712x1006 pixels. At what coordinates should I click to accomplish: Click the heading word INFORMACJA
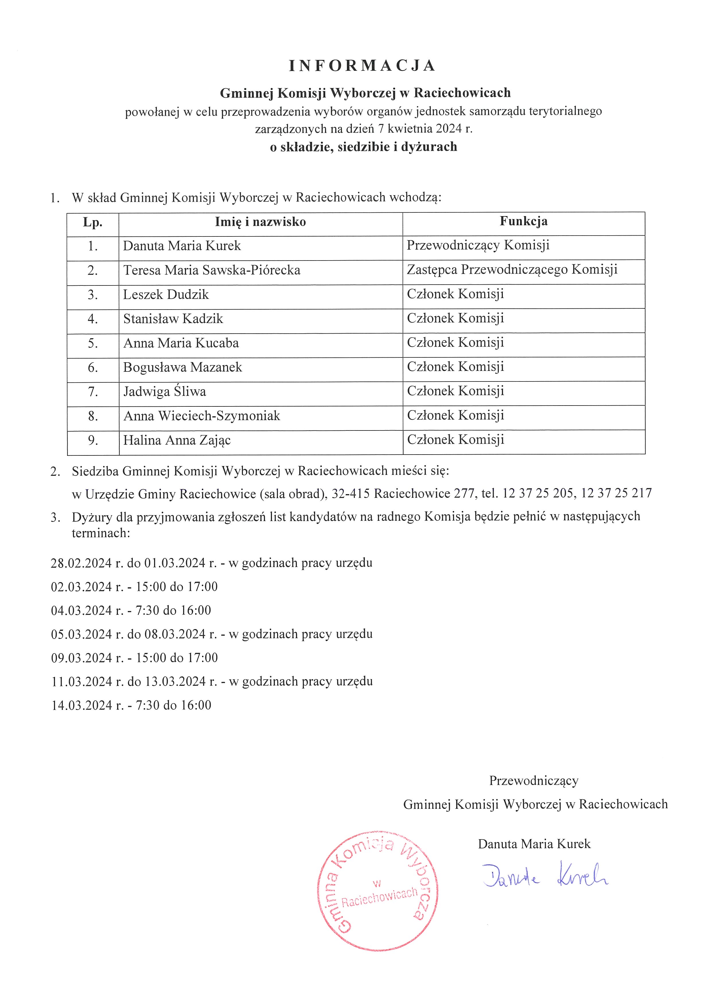362,66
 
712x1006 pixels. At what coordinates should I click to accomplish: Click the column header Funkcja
524,221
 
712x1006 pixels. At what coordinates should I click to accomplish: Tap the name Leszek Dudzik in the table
166,294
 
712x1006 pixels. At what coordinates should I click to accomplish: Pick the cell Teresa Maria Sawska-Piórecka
212,270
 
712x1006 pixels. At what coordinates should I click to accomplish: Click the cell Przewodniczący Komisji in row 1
478,245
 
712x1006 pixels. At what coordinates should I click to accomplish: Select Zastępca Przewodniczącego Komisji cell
512,269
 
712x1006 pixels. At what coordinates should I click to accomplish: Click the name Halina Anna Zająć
177,440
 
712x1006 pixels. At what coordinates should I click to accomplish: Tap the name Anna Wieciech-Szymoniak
202,415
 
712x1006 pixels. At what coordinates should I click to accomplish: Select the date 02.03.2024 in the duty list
81,587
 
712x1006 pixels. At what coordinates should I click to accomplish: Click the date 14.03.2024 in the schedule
81,705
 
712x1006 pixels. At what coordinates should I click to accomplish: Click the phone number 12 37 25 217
616,493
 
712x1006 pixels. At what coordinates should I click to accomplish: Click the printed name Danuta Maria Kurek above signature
534,844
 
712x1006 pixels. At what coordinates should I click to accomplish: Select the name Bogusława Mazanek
182,367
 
